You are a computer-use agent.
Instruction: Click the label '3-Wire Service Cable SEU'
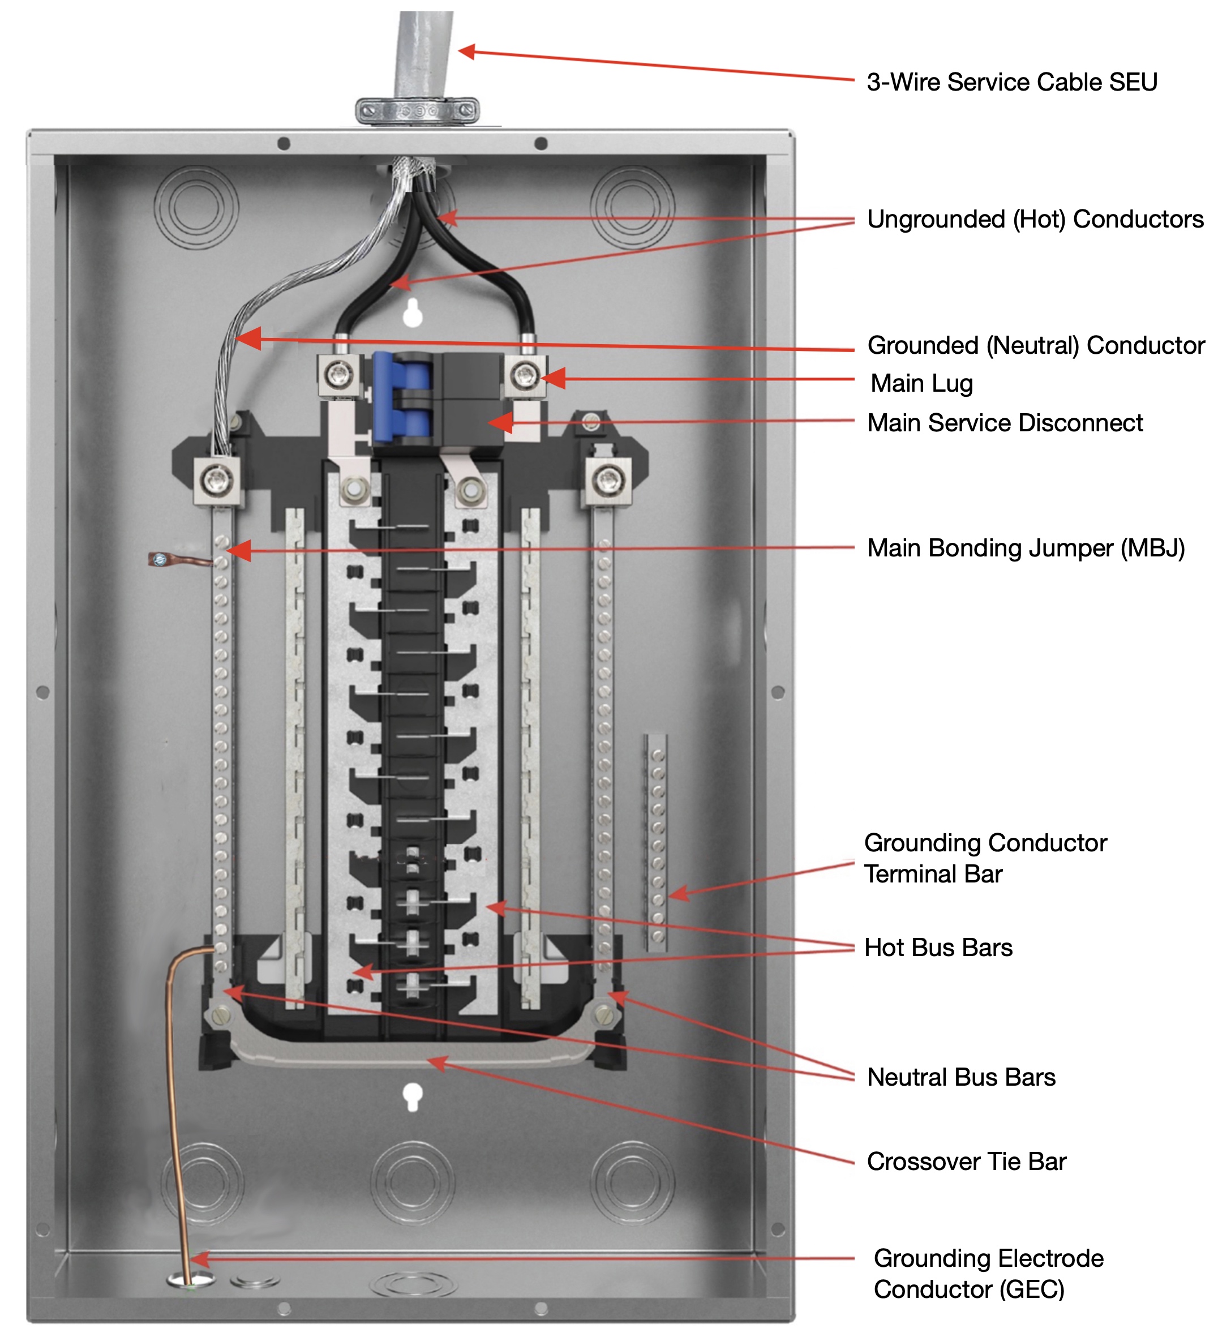1011,82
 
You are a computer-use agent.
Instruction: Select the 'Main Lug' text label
921,383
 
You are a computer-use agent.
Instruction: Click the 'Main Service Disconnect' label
1005,423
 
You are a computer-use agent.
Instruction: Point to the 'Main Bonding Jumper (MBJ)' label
1025,548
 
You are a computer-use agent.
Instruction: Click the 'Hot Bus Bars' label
937,948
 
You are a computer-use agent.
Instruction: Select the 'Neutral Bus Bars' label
960,1077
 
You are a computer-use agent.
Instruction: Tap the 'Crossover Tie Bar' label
966,1162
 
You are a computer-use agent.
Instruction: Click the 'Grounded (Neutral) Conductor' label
1035,345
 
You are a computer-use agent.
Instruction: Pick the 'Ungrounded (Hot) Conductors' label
1035,220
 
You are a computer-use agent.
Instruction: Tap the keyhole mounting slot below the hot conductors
413,313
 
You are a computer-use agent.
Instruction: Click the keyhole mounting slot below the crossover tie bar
413,1098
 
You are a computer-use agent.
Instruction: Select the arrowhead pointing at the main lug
554,379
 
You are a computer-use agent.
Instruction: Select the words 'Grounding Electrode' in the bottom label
988,1258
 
